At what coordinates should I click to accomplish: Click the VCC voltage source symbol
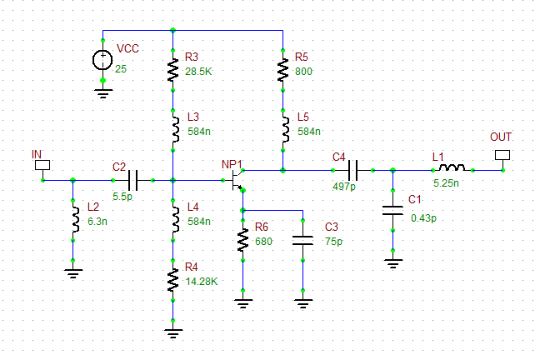tap(102, 60)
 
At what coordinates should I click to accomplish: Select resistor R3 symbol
tap(172, 70)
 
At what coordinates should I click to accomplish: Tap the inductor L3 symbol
tap(172, 129)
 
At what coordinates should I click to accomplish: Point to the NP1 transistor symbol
tap(238, 179)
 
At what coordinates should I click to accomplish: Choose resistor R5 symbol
tap(283, 70)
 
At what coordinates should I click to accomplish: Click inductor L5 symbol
tap(283, 129)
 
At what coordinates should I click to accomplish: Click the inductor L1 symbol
tap(451, 170)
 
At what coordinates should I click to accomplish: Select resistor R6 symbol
tap(242, 241)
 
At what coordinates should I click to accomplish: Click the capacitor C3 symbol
tap(303, 241)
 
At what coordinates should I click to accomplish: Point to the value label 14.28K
tap(201, 281)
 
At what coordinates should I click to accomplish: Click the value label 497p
tap(343, 187)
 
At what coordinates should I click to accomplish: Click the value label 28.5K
tap(199, 72)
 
